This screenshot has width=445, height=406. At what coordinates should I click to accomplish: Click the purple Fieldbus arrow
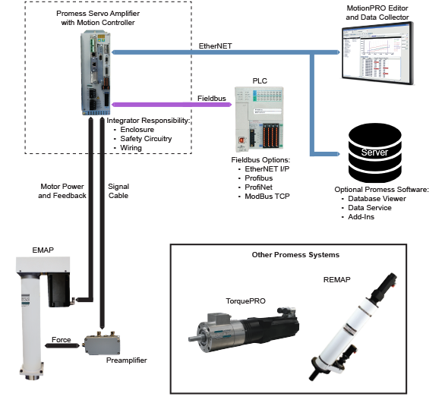click(x=172, y=105)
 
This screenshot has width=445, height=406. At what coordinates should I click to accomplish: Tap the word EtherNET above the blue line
click(x=215, y=46)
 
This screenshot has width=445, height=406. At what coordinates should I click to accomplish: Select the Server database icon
click(x=374, y=153)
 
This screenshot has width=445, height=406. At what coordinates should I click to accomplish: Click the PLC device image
click(x=259, y=119)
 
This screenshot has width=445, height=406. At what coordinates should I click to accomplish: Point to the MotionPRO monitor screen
click(x=377, y=53)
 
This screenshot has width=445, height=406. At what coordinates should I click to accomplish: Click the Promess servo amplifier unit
click(x=96, y=73)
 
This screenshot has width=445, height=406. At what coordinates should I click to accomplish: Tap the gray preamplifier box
click(x=102, y=343)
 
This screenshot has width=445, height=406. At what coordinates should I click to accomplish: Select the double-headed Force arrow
click(x=62, y=345)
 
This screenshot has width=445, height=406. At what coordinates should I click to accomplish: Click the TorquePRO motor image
click(x=244, y=329)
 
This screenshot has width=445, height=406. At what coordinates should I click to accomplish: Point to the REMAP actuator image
click(x=353, y=326)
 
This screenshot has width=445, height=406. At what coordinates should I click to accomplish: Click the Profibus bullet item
click(x=258, y=178)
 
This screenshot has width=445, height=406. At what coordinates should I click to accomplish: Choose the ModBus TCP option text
click(x=267, y=197)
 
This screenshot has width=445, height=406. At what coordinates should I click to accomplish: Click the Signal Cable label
click(x=118, y=191)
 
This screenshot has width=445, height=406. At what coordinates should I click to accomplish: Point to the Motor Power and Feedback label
click(x=62, y=191)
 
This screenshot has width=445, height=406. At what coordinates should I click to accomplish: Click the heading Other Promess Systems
click(x=295, y=255)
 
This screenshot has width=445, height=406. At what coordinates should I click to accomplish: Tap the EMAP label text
click(x=43, y=250)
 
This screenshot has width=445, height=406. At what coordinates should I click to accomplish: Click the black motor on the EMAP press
click(x=58, y=290)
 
